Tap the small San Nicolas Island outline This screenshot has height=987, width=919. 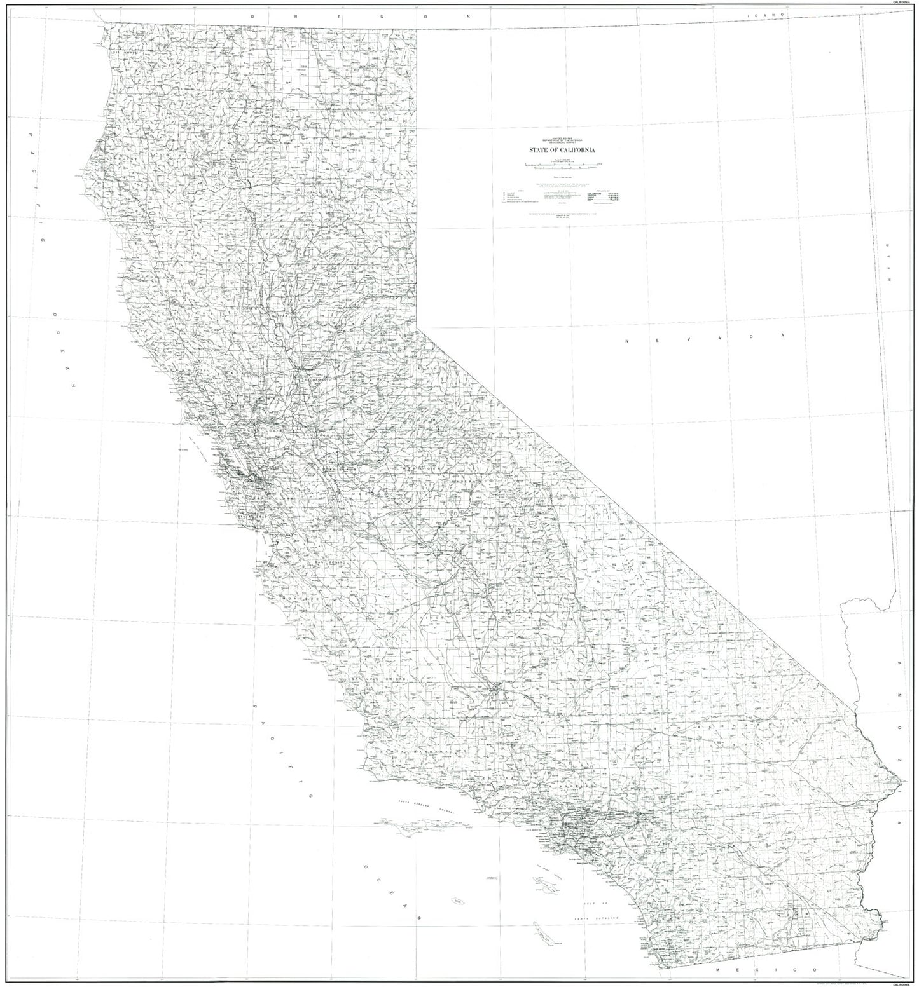tap(456, 901)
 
